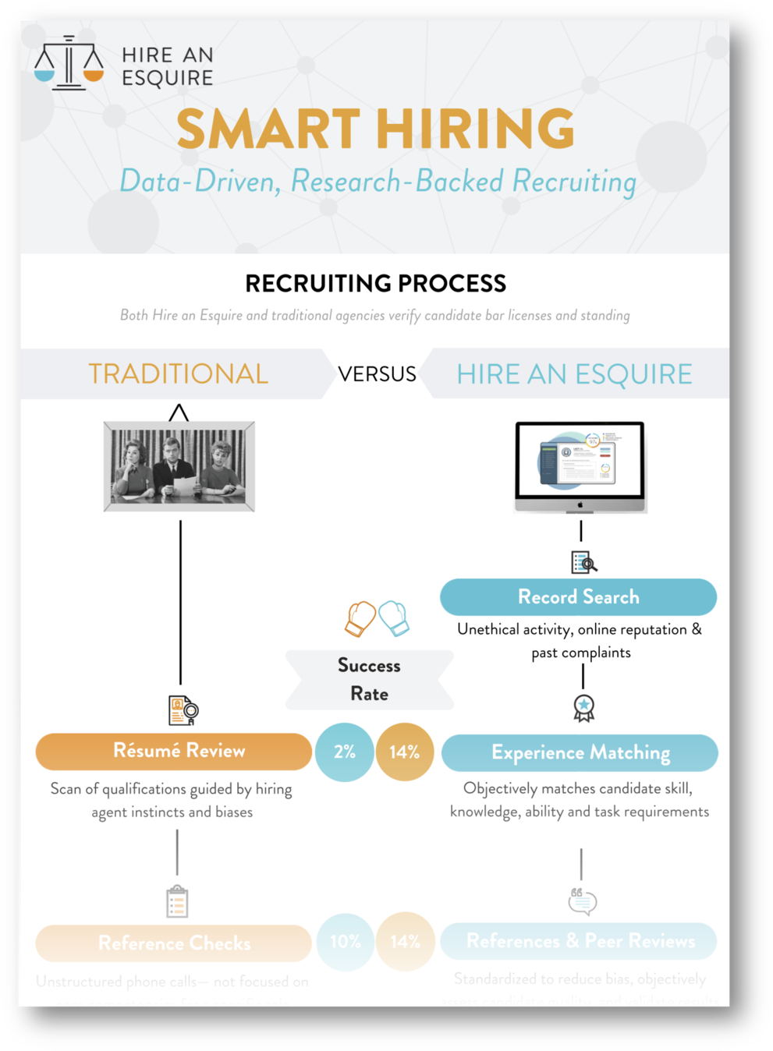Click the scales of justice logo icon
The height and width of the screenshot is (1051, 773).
click(69, 63)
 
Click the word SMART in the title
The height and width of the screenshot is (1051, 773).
click(268, 129)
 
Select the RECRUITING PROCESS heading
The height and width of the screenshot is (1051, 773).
click(375, 283)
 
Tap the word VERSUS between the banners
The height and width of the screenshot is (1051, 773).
click(377, 374)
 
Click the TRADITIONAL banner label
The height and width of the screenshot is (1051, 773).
click(178, 374)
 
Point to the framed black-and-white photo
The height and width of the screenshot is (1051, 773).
click(179, 466)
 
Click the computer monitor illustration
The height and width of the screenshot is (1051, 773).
click(580, 465)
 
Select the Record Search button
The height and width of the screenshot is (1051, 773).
click(578, 597)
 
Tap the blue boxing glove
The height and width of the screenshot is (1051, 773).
click(395, 618)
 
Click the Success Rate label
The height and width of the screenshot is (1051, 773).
click(369, 680)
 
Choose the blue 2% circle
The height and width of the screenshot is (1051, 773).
click(344, 752)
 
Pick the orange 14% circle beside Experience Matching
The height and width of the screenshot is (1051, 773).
click(404, 752)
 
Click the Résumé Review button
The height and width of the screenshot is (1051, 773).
click(174, 751)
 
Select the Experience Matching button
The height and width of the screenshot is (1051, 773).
click(580, 752)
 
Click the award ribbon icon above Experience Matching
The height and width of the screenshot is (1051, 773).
click(583, 708)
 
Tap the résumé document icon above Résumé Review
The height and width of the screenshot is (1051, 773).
click(183, 710)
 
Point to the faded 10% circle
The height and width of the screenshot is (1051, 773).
click(345, 942)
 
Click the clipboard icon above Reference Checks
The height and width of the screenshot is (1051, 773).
click(177, 901)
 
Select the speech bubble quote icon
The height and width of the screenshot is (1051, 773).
click(582, 901)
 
